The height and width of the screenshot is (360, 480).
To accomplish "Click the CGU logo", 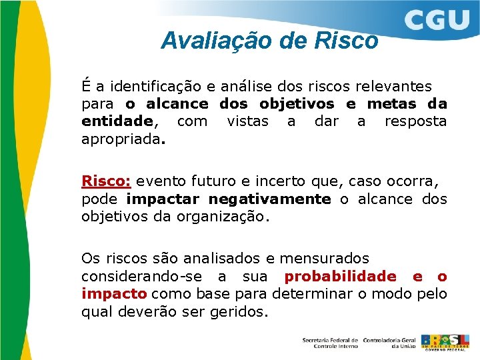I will point(437,21).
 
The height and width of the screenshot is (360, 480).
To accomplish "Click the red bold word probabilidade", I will point(340,277).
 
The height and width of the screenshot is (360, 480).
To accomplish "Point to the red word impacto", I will point(114,294).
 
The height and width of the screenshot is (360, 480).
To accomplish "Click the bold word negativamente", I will point(269,199).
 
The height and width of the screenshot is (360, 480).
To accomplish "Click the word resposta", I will point(415,121).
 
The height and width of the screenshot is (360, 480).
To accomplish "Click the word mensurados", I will point(324,258).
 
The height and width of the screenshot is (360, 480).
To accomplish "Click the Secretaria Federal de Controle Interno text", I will point(330,343).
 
